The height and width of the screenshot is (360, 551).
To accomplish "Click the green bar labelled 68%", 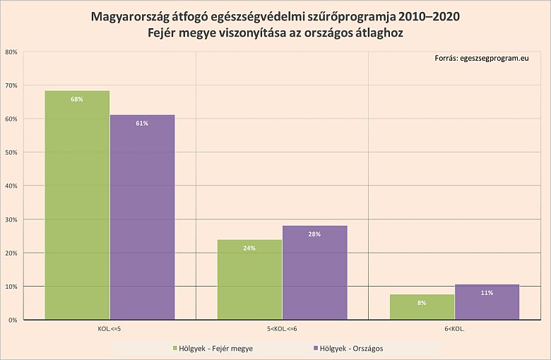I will (x=77, y=205).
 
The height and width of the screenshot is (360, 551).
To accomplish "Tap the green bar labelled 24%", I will (x=249, y=280).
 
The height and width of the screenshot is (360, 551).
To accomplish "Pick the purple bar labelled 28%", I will (x=314, y=272).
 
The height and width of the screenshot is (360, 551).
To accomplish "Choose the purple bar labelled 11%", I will (x=487, y=302).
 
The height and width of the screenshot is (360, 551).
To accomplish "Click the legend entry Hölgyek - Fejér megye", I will (x=213, y=348).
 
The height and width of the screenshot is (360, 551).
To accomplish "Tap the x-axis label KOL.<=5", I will (x=109, y=328).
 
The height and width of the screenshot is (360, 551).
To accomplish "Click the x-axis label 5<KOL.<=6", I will (x=282, y=328).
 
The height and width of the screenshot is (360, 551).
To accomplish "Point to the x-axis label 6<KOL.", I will (x=454, y=328).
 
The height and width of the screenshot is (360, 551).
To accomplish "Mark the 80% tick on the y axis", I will (x=11, y=52).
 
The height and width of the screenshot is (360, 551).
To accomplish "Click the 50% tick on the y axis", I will (x=11, y=152).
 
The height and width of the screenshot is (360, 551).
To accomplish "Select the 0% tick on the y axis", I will (x=13, y=320).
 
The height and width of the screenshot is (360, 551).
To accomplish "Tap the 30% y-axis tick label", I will (x=11, y=220).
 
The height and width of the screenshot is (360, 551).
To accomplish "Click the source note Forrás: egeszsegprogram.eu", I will (x=481, y=59).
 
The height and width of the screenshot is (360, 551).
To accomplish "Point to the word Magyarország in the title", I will (x=129, y=16).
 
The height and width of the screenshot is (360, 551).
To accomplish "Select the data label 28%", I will (x=314, y=234).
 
